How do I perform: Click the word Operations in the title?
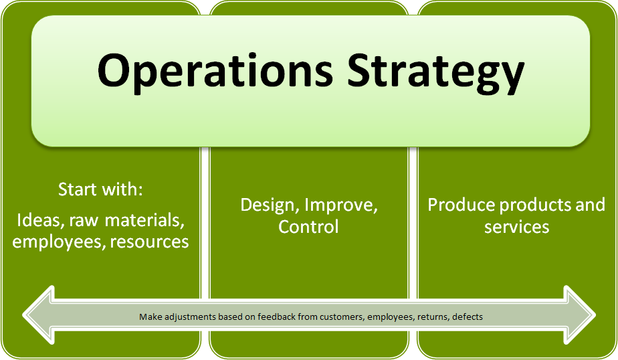[x=215, y=72]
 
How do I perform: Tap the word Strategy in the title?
[x=436, y=72]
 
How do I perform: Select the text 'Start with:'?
[x=100, y=189]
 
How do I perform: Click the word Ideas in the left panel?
[x=39, y=220]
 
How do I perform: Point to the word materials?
[x=144, y=220]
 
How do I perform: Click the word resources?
[x=149, y=242]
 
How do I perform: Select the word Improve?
[x=341, y=205]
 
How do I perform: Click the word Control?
[x=308, y=227]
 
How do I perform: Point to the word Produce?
[x=461, y=205]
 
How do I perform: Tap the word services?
[x=517, y=227]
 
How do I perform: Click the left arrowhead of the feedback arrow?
[x=38, y=315]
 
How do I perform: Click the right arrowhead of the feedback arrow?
[x=580, y=315]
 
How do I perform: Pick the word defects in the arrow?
[x=468, y=317]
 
